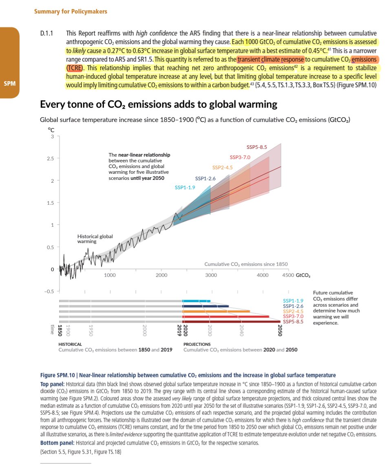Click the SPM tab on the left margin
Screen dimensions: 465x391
[9, 84]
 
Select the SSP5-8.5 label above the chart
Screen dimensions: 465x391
[257, 147]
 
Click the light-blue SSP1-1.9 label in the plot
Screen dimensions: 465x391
[185, 187]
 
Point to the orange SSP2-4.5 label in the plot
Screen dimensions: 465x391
[223, 167]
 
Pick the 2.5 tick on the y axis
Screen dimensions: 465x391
[52, 158]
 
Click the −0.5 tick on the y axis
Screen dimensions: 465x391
[50, 291]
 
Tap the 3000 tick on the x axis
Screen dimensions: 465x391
[211, 275]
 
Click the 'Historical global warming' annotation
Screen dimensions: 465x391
[95, 239]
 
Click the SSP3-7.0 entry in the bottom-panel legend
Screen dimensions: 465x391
[294, 317]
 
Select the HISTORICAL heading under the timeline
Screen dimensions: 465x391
[71, 344]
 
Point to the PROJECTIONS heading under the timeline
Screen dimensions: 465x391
[197, 344]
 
